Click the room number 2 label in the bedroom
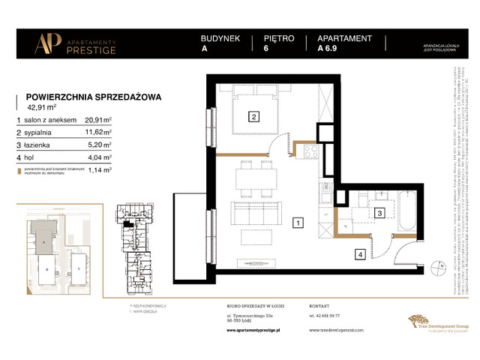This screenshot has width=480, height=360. point(254,117)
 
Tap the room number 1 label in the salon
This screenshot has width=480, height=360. point(298,223)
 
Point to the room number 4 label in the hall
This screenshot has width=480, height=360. point(360,255)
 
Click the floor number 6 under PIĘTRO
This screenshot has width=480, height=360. point(266,50)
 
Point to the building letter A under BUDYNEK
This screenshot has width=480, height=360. point(204,50)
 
